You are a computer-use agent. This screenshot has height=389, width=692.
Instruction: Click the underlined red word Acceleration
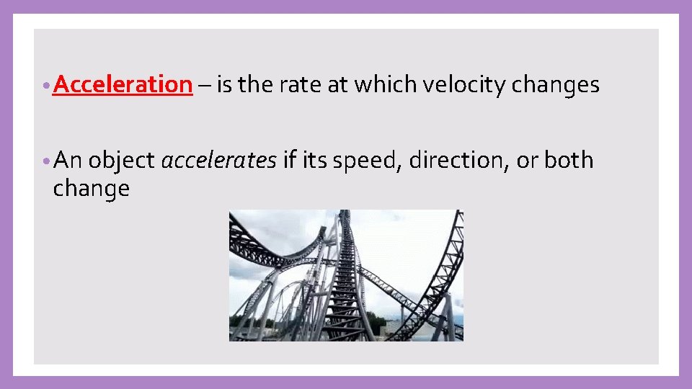tap(123, 85)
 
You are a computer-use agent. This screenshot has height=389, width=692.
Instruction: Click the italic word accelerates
tap(218, 161)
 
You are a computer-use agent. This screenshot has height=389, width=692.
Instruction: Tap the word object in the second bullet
tap(122, 161)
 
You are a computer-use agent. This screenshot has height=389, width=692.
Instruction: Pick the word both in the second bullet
tap(569, 161)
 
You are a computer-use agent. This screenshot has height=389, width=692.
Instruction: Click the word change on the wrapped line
tap(92, 189)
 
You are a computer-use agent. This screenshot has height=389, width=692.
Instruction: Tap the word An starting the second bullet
tap(68, 161)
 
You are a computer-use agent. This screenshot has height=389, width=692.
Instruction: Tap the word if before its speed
tap(290, 161)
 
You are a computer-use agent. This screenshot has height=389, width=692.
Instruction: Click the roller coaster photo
tap(346, 275)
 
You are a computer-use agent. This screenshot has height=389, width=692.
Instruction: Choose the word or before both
tap(526, 161)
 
